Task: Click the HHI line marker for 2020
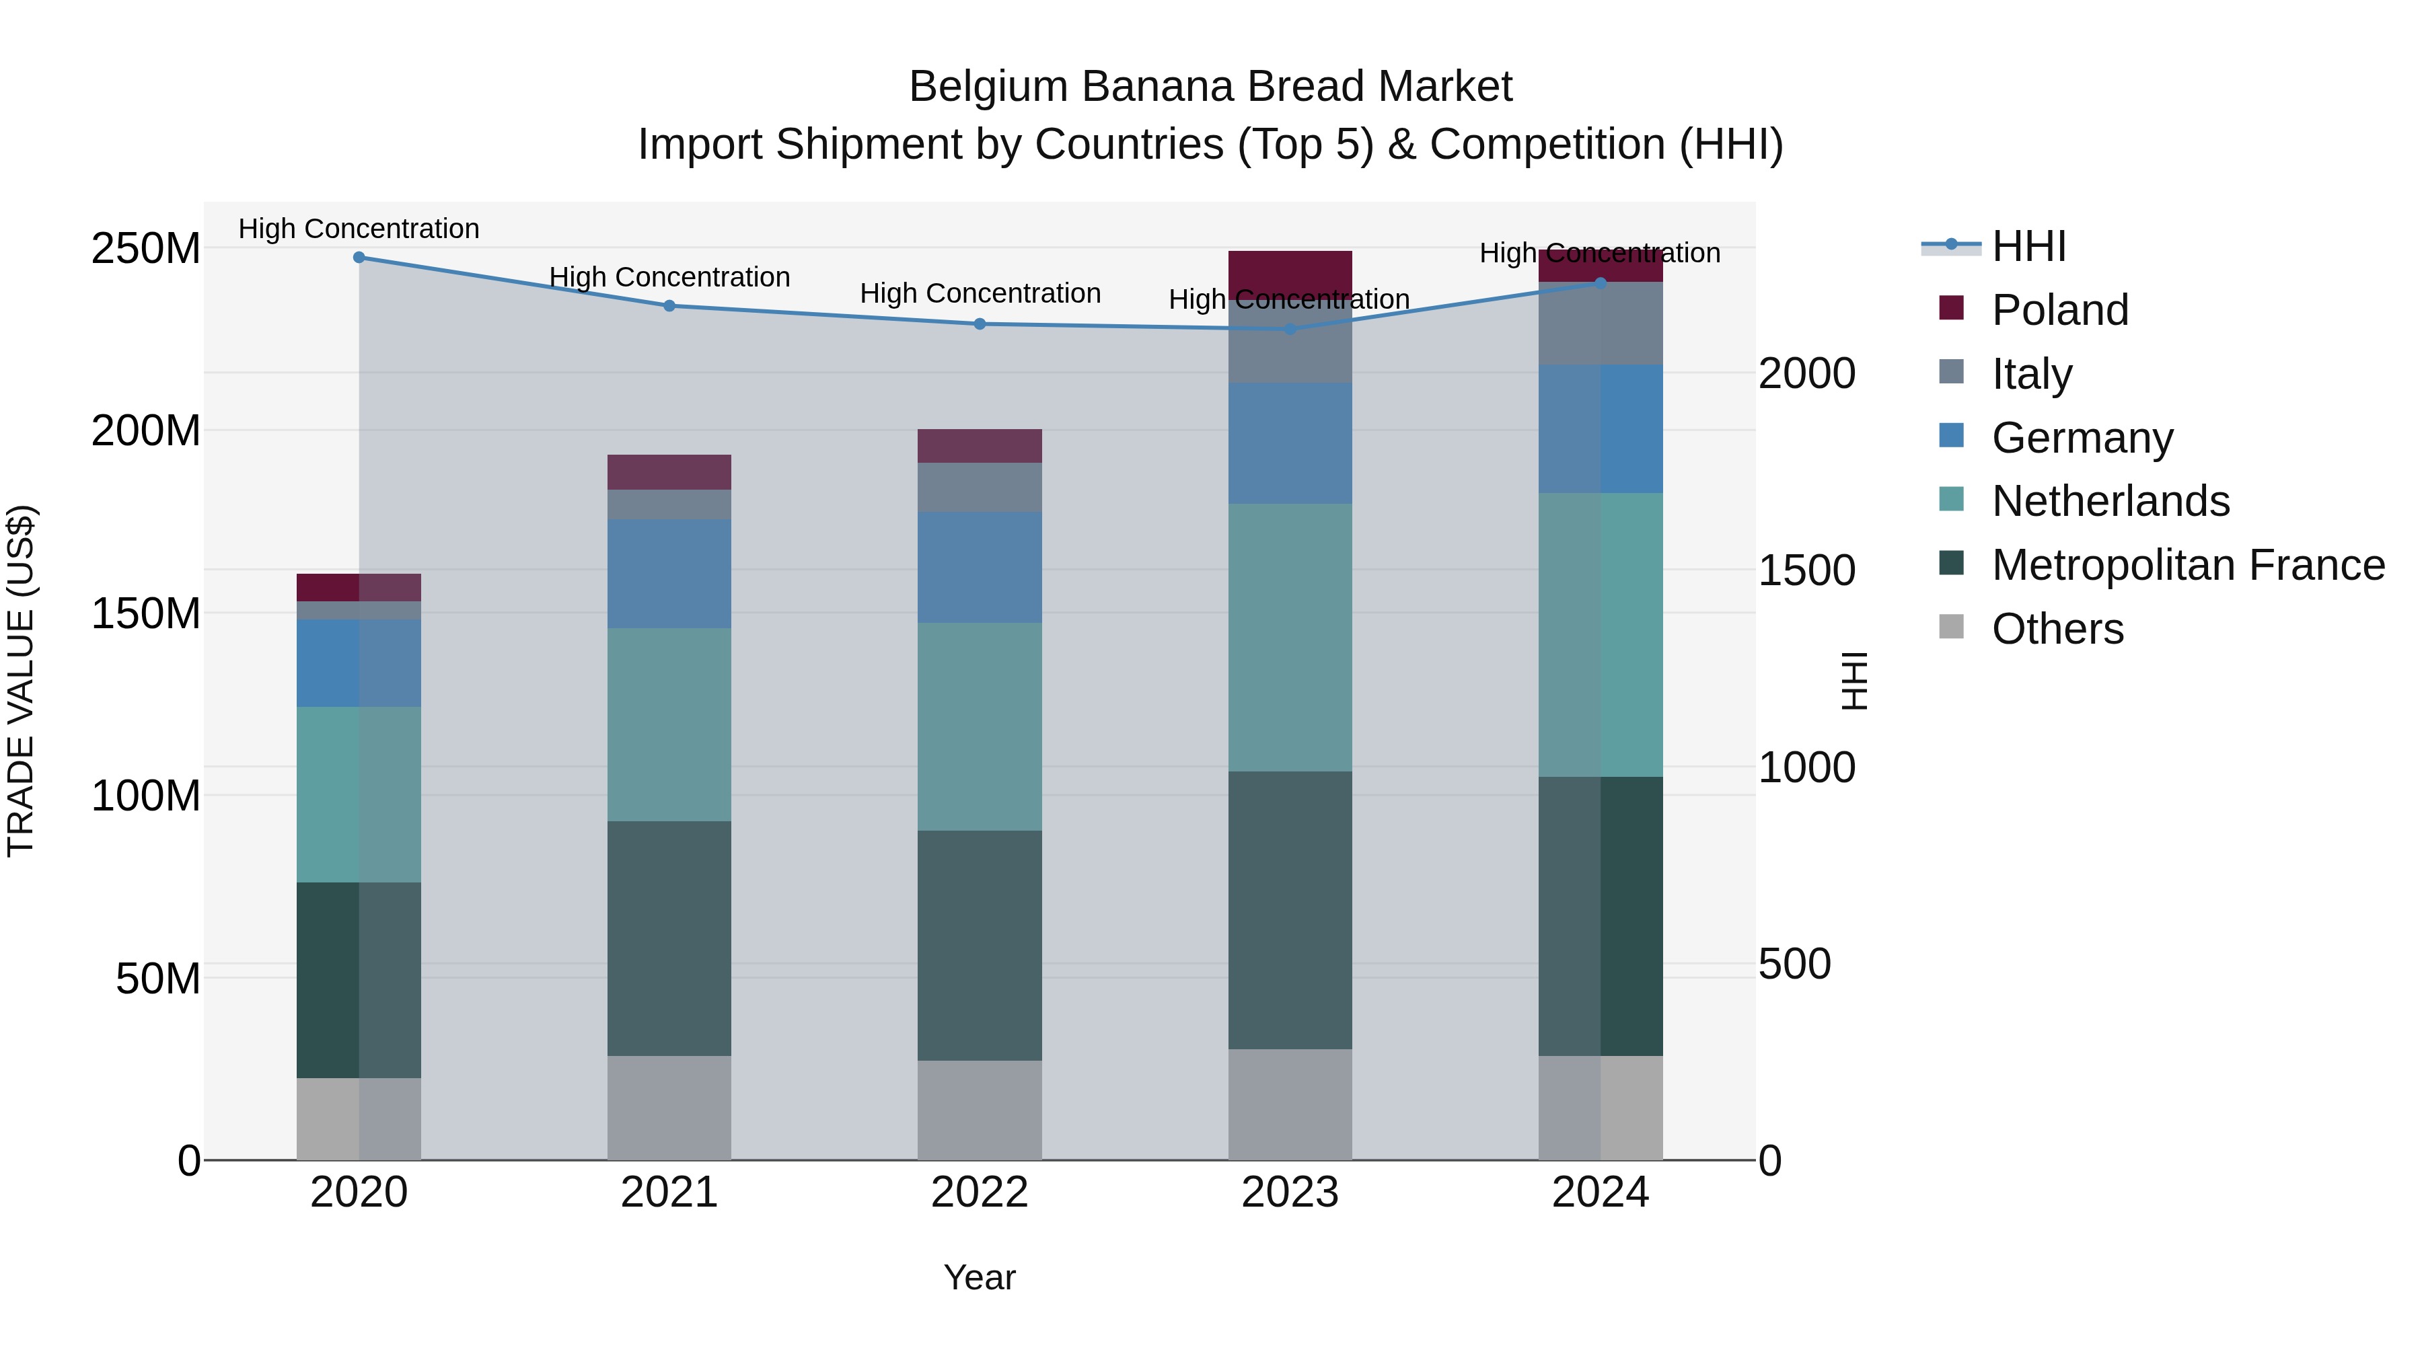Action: point(359,257)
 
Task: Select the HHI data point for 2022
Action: point(980,324)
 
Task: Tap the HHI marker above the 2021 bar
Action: point(669,305)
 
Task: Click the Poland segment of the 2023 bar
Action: point(1290,274)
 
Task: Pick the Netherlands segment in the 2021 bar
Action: point(669,724)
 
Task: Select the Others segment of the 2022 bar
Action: point(980,1110)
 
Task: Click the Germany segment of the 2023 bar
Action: point(1290,444)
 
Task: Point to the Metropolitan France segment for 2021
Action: point(669,938)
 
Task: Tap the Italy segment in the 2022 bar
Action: point(980,487)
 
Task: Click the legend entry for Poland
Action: point(2059,310)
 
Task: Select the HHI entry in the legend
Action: point(2028,246)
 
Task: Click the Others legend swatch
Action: point(1952,627)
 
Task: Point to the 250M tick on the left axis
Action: point(146,249)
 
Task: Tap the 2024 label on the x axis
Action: point(1601,1193)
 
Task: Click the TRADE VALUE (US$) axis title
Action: point(21,681)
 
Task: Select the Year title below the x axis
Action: point(980,1277)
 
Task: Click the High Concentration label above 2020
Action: point(359,229)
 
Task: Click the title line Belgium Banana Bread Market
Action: point(1210,87)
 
